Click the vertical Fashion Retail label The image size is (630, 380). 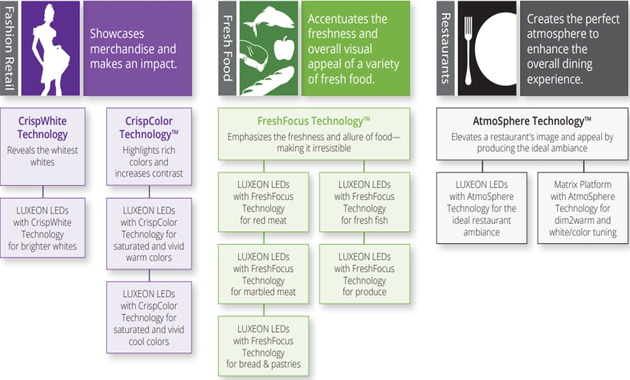click(x=9, y=48)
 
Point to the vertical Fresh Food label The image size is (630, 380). click(x=227, y=48)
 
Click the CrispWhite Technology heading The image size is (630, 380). click(x=43, y=128)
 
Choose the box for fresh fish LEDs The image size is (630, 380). click(x=364, y=202)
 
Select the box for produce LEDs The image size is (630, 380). click(x=364, y=274)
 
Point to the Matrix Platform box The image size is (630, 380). click(x=582, y=208)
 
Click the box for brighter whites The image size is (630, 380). click(x=43, y=228)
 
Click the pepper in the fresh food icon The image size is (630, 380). click(x=283, y=49)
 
